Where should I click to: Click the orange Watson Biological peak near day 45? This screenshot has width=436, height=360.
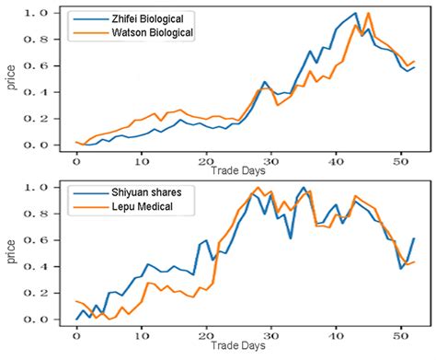369,13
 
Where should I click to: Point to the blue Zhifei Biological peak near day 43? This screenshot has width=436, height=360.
356,13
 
